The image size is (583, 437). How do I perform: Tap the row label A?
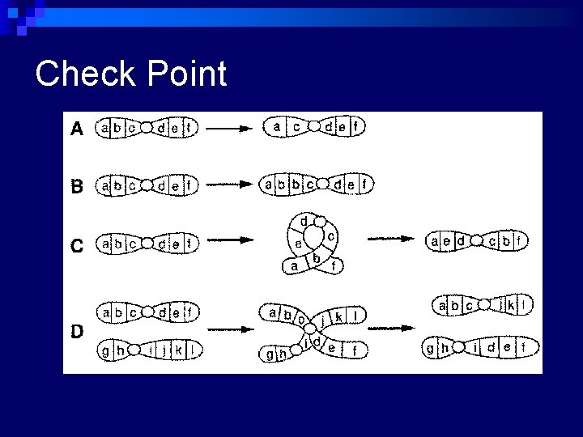[x=76, y=128]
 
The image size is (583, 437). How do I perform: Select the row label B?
[x=77, y=186]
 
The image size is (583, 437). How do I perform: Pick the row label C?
[x=77, y=244]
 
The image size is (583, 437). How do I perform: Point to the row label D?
[x=77, y=331]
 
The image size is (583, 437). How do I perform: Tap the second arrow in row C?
[x=393, y=240]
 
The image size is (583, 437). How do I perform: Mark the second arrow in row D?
[x=393, y=330]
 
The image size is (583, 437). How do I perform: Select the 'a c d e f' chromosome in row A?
[x=314, y=127]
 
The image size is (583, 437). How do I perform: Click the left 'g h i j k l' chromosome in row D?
[x=147, y=351]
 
